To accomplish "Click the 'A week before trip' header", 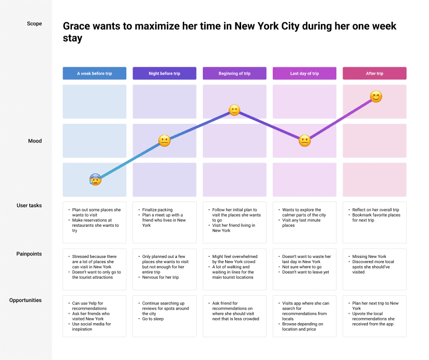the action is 94,74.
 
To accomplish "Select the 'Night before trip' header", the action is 165,74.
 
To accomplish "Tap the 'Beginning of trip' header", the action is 234,74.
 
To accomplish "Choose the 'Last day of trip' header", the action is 304,74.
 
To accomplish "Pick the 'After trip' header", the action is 375,74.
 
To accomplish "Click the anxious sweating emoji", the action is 96,180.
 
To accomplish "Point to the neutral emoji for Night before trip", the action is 165,141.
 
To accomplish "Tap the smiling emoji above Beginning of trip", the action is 234,110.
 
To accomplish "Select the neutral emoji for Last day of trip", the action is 304,141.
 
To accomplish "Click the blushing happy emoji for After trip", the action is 376,96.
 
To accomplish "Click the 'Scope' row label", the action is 35,23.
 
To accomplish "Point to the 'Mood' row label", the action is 35,141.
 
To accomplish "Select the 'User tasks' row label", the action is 29,205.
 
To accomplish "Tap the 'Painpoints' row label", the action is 29,254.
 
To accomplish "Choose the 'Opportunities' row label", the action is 25,300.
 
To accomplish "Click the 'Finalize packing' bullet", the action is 157,210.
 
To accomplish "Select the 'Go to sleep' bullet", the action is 153,319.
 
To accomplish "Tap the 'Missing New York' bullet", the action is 369,256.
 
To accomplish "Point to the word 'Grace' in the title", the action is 77,26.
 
